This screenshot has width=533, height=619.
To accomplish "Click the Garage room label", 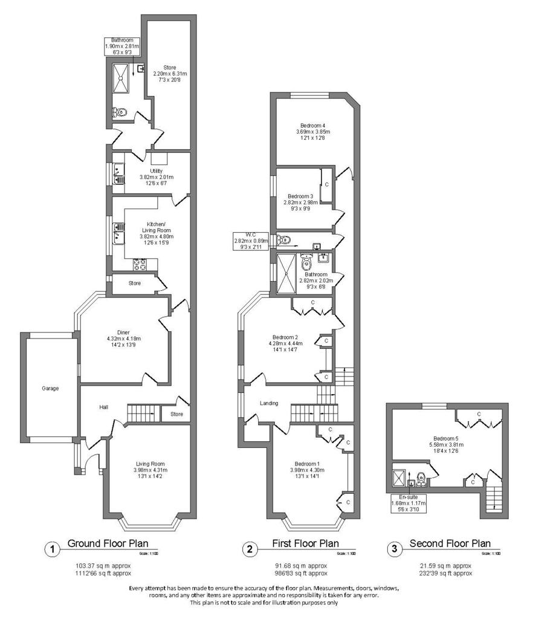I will [x=50, y=388].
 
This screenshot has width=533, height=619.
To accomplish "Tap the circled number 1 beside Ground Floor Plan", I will [x=52, y=549].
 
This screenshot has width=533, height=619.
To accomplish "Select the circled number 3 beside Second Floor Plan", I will [x=395, y=549].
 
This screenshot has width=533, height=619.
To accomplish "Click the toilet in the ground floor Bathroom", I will [x=120, y=112].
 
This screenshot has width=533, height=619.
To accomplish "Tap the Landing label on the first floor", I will [x=269, y=403].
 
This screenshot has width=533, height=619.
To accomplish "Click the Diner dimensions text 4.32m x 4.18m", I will [x=123, y=339].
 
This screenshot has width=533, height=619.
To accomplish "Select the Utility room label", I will [x=148, y=171].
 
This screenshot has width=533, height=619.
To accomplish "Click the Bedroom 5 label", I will [x=446, y=438].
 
